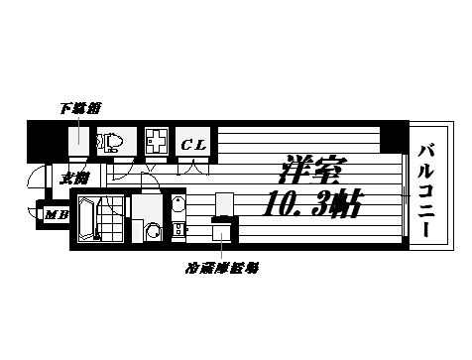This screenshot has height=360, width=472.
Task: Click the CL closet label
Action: tap(193, 145)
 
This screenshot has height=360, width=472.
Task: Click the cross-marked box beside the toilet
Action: tap(156, 141)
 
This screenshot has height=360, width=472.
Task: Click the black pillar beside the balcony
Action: tap(396, 135)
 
